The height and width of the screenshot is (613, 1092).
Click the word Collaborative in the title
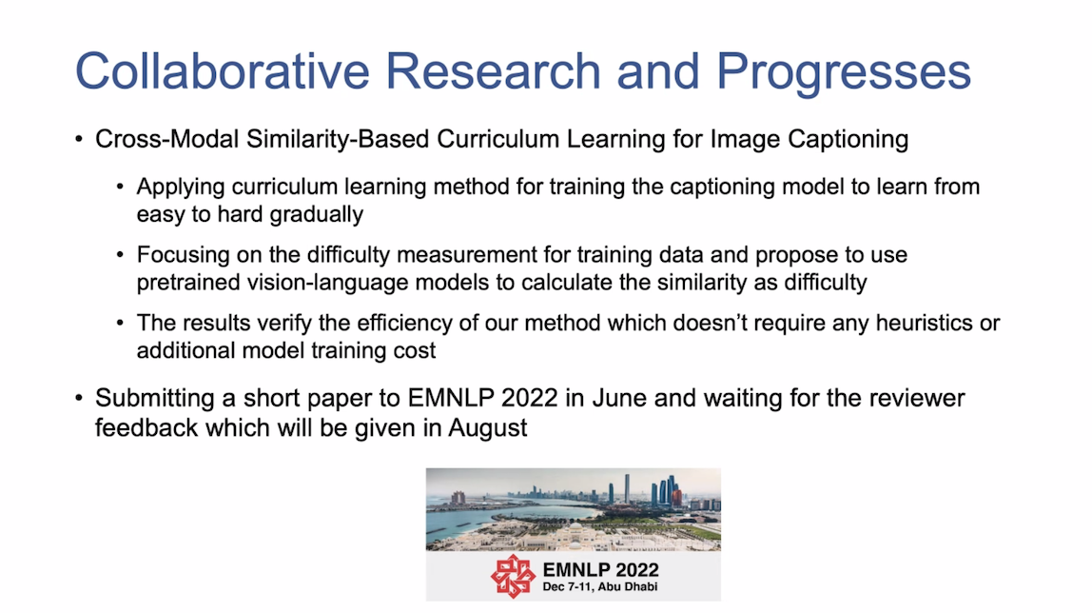[223, 71]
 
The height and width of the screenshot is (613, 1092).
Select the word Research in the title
[493, 71]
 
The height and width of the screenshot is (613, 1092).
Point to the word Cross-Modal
[167, 139]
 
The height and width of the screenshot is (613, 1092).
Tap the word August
[487, 427]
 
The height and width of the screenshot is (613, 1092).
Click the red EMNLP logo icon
[514, 577]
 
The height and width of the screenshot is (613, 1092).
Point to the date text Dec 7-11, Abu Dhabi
[600, 587]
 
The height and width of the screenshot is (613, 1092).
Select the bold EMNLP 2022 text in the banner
[600, 570]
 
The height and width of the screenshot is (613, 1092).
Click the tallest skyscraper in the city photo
[627, 487]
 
